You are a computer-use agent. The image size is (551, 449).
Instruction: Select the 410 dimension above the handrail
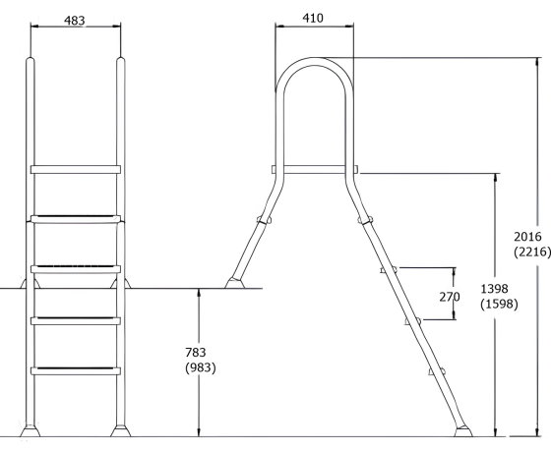[314, 17]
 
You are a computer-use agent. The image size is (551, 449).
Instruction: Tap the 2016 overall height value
[531, 237]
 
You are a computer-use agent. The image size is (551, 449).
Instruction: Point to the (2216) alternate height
[531, 253]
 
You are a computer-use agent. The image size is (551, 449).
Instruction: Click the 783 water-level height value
[200, 352]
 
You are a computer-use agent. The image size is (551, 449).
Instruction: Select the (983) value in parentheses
[200, 368]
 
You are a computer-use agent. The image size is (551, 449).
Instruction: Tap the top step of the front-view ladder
[76, 169]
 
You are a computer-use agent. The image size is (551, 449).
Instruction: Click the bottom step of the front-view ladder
[76, 370]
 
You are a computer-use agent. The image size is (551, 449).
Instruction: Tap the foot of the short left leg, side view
[235, 285]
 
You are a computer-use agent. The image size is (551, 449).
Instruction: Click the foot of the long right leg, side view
[462, 429]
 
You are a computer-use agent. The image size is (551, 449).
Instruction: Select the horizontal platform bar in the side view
[314, 169]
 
